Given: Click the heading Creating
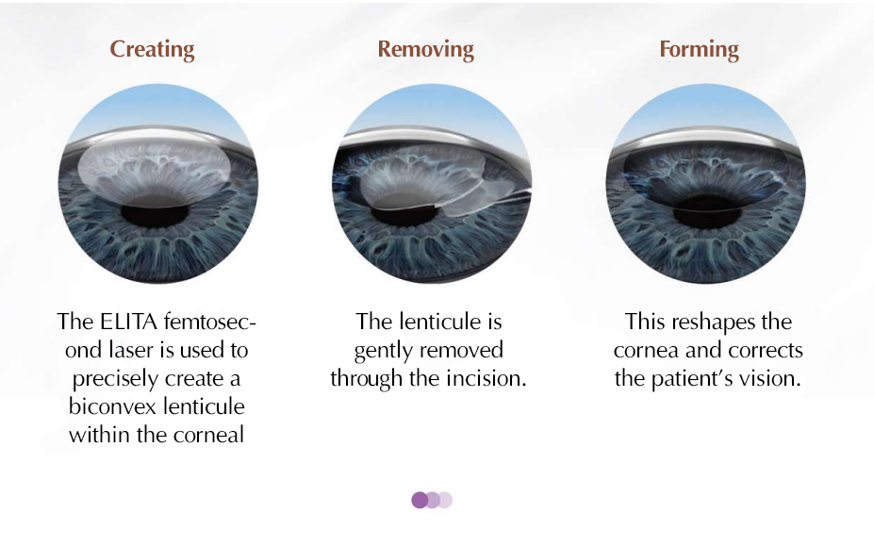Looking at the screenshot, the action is (152, 50).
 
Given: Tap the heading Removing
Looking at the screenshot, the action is (426, 50).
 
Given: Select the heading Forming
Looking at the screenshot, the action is (699, 50).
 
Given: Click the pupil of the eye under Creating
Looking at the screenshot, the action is (155, 215).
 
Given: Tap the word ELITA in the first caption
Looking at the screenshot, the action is (129, 322).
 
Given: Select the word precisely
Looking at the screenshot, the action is (115, 379).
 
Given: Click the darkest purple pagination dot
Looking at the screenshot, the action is (421, 500).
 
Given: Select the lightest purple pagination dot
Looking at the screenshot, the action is (445, 500).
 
